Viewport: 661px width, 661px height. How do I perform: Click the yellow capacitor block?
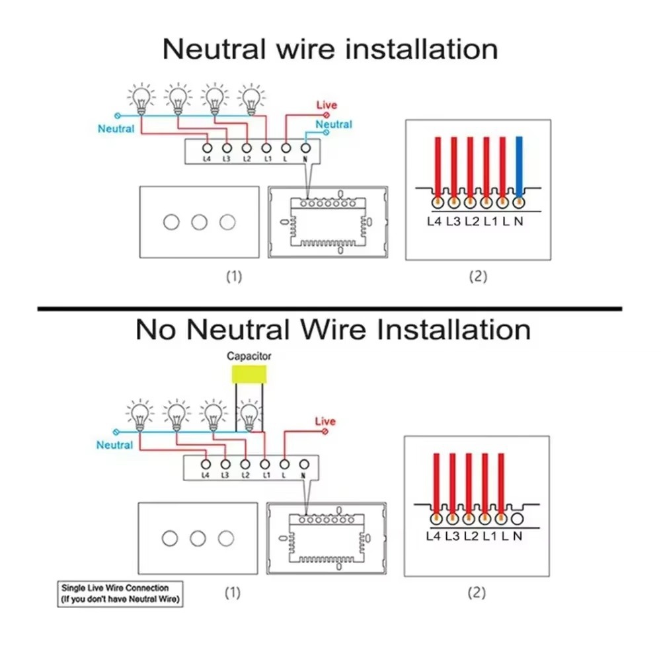[249, 374]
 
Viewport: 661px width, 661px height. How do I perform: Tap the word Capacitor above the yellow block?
[249, 356]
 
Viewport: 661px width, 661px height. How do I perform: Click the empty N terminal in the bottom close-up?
[518, 520]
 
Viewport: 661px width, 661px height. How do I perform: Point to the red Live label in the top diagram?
[326, 105]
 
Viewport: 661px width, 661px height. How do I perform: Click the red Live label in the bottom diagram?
[325, 421]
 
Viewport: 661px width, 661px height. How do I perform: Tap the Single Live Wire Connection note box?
[119, 594]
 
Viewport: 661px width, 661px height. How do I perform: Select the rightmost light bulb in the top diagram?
[250, 98]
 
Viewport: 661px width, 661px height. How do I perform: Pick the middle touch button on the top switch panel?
[199, 221]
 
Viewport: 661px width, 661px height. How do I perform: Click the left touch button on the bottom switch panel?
[170, 538]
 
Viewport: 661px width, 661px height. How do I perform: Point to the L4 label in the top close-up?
[434, 221]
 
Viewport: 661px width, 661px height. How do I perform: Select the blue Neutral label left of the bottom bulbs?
[114, 445]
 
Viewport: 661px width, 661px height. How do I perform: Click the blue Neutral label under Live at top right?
[334, 124]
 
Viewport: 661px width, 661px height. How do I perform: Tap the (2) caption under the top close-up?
[477, 276]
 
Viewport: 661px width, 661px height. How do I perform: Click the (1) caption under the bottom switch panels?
[232, 592]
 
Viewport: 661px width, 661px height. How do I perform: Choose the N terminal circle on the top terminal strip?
[305, 147]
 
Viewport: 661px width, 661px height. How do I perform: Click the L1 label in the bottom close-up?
[489, 536]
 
